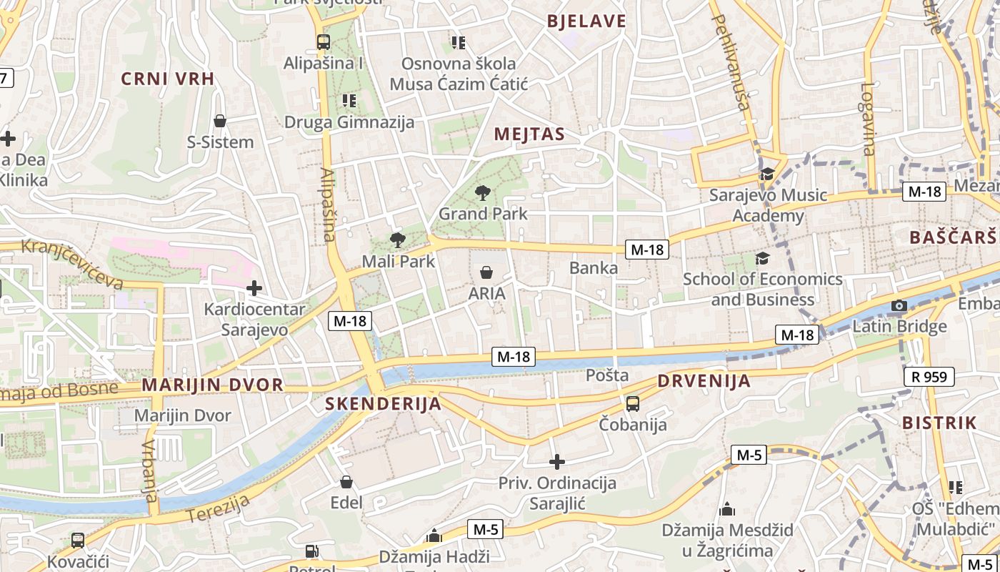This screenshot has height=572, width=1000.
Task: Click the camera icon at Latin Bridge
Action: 899,307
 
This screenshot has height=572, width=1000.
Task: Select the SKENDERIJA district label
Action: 383,403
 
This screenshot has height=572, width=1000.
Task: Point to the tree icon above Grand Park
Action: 483,192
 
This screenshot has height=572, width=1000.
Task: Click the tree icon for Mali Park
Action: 398,240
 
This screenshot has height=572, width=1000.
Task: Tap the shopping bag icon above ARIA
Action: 486,272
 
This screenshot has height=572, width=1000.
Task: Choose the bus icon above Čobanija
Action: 633,404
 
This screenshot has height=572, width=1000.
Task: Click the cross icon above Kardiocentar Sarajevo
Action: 254,288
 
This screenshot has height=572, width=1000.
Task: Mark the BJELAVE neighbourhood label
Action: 586,21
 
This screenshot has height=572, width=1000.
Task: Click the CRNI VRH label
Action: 168,79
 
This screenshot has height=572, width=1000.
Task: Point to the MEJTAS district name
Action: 529,134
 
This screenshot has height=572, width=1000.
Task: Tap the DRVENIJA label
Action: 704,380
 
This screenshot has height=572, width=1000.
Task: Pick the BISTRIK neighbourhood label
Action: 939,423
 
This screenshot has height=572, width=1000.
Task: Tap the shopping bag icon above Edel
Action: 346,482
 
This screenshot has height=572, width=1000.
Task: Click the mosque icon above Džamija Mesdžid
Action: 727,509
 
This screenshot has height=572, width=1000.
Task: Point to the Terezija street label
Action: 218,508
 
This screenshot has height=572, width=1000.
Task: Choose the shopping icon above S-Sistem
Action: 220,121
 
